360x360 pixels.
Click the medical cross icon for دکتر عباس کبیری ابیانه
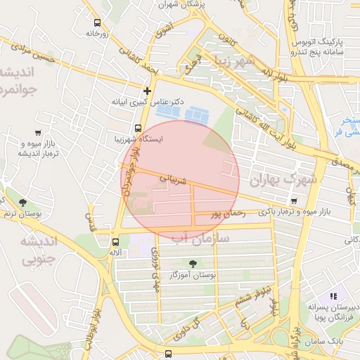pyautogui.click(x=147, y=91)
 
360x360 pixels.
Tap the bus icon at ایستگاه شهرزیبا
pyautogui.click(x=137, y=129)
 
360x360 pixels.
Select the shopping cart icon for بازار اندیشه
pyautogui.click(x=37, y=132)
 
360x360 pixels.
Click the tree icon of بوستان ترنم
pyautogui.click(x=22, y=202)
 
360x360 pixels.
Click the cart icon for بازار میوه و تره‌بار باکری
pyautogui.click(x=293, y=200)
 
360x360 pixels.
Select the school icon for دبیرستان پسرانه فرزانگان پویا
pyautogui.click(x=333, y=297)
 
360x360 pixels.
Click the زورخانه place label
pyautogui.click(x=98, y=33)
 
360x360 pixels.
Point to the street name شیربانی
pyautogui.click(x=174, y=180)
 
